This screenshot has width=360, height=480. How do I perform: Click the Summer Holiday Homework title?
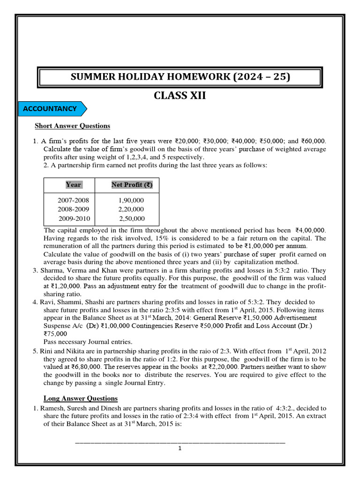point(180,76)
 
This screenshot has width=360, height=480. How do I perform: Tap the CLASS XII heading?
point(180,96)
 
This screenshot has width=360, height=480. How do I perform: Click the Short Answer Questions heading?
point(73,126)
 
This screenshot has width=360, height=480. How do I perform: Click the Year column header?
point(73,185)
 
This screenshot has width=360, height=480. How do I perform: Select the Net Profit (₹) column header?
point(132,185)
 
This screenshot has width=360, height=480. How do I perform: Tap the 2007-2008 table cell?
point(73,200)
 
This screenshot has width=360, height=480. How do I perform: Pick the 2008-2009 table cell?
point(73,209)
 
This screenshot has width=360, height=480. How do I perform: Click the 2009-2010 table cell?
point(74,218)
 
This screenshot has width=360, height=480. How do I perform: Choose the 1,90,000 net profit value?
point(131,200)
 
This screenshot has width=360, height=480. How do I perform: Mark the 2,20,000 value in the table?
point(131,209)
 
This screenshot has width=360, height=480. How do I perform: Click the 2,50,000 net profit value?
point(132,218)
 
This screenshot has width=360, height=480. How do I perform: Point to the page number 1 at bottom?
point(180,449)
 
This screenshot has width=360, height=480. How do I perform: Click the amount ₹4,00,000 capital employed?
point(310,231)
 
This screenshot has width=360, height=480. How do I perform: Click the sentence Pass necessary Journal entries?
point(88,342)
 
